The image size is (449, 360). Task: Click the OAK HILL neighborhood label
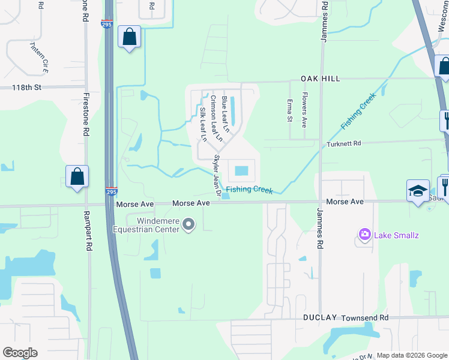click(x=321, y=79)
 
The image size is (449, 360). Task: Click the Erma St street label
click(x=289, y=110)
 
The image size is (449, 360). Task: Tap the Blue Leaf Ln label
click(x=226, y=114)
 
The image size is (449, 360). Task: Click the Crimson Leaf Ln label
click(x=215, y=118)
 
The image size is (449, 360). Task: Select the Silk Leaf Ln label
click(x=203, y=124)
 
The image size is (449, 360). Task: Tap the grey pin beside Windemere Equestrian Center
click(x=189, y=225)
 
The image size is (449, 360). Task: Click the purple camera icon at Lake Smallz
click(x=364, y=233)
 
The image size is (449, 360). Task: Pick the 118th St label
click(x=27, y=88)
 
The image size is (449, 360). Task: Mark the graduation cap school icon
click(x=418, y=191)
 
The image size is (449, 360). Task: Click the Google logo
click(x=20, y=353)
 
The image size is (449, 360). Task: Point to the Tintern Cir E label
click(x=38, y=58)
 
